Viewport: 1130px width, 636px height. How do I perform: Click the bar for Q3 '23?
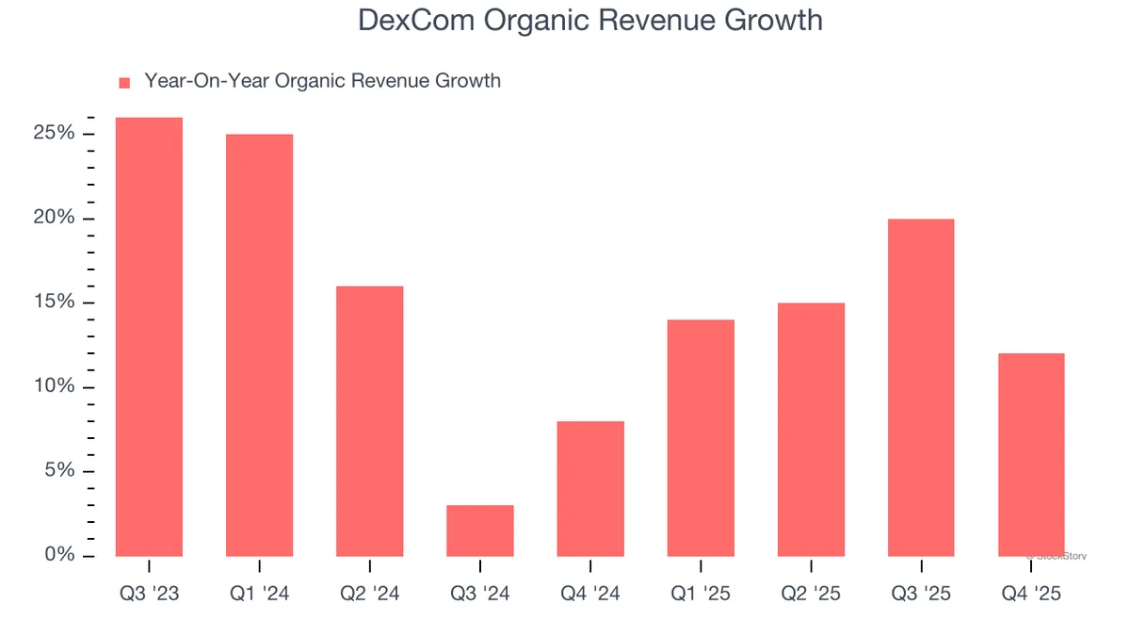coord(149,336)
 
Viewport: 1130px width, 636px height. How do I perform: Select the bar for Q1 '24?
coord(259,345)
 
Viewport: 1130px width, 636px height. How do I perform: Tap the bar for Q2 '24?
coord(369,420)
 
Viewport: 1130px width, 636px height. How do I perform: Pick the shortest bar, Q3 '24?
coord(480,530)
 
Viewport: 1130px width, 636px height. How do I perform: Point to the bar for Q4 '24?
coord(590,488)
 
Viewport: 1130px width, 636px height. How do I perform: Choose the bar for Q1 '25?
coord(701,437)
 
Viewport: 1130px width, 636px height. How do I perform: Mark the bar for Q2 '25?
coord(811,429)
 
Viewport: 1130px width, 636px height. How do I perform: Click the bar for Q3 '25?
coord(921,387)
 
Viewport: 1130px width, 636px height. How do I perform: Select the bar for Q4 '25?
coord(1031,454)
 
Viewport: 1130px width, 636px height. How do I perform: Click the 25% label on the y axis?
coord(54,134)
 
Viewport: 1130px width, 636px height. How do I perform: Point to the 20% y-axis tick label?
coord(54,219)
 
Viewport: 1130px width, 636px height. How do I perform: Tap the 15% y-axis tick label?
coord(54,302)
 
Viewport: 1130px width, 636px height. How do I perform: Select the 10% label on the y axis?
coord(54,387)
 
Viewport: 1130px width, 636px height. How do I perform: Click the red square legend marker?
coord(124,83)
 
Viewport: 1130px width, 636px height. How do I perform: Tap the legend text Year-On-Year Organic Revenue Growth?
coord(322,81)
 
